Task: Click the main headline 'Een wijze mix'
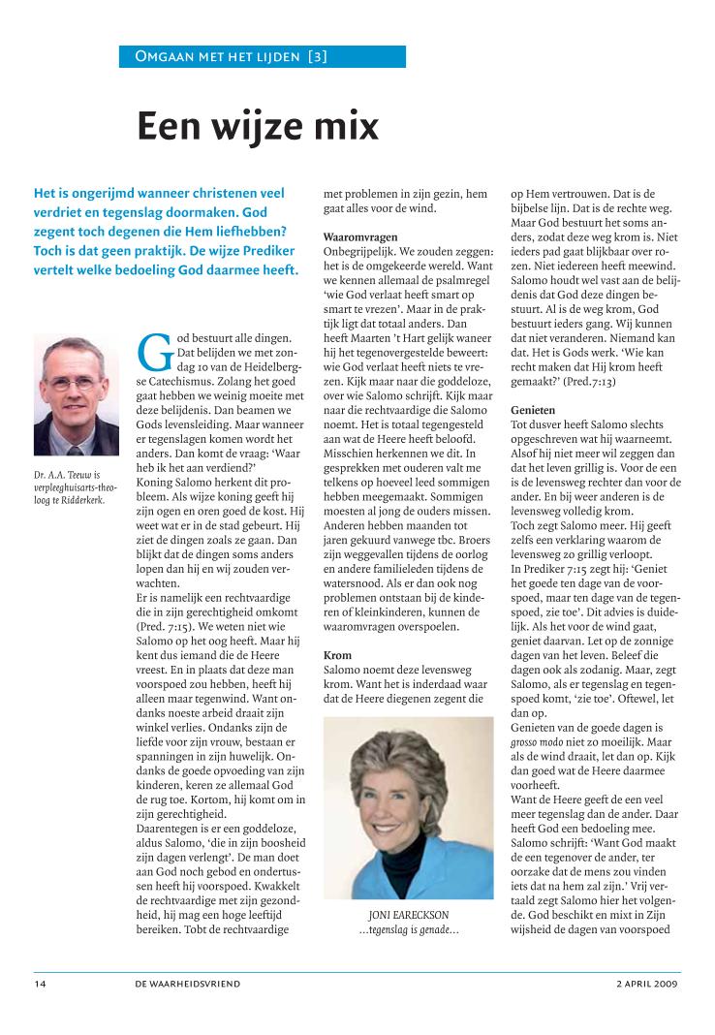(x=257, y=126)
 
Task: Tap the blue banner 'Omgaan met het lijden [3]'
(x=232, y=56)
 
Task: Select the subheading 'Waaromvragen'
(x=360, y=236)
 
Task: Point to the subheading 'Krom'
(x=336, y=656)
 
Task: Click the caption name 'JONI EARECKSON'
(x=408, y=914)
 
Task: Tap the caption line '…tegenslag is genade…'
(x=408, y=930)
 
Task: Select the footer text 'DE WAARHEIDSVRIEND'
(x=188, y=983)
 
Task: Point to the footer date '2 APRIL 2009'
(x=647, y=983)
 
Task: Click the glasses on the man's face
(x=74, y=383)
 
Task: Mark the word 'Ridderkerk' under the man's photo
(x=79, y=501)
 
